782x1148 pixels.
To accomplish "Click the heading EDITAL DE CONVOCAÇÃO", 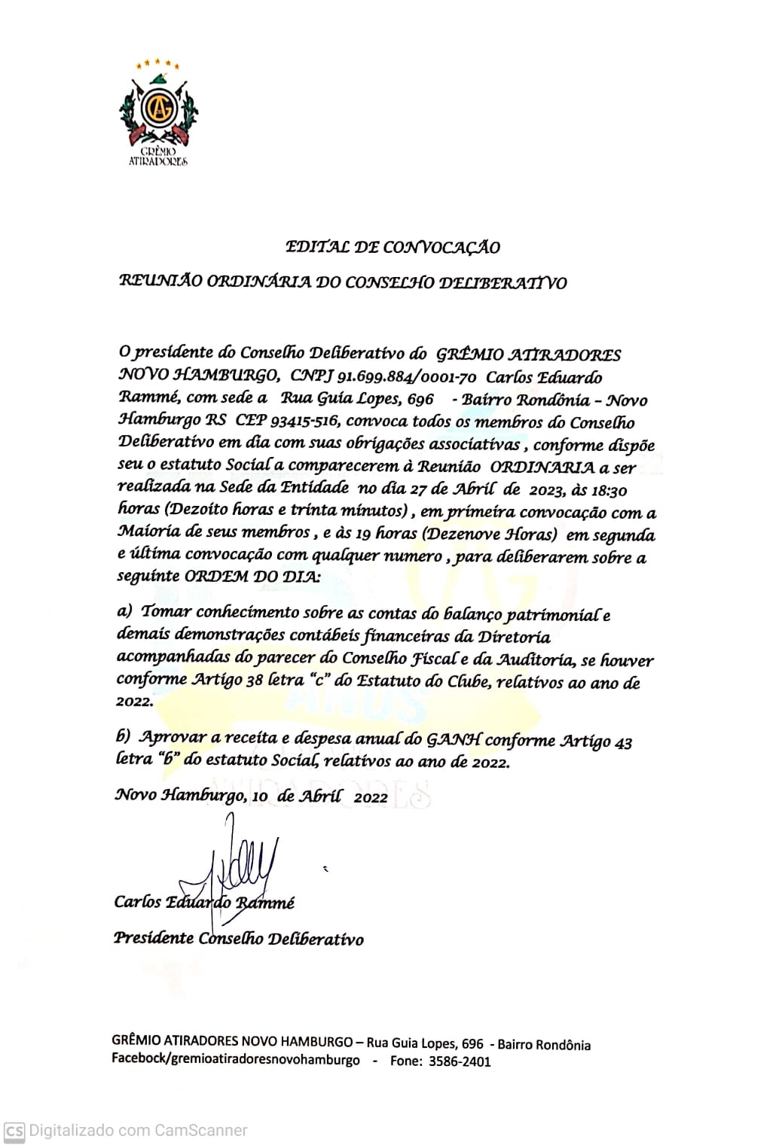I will click(x=393, y=247).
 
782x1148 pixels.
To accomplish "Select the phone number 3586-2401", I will click(x=460, y=1061).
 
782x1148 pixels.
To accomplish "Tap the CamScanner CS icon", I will click(x=14, y=1131).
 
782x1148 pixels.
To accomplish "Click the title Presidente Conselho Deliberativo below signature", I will click(x=238, y=939).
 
